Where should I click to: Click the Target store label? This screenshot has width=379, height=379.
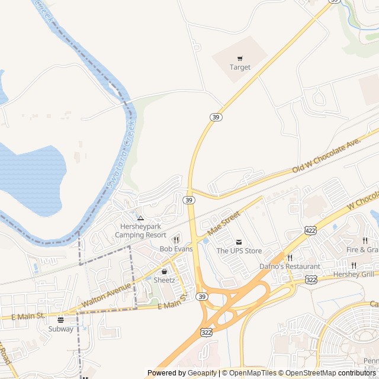[x=240, y=68]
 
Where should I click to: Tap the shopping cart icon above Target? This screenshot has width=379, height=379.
[x=240, y=58]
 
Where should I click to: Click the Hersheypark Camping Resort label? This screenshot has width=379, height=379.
[x=140, y=231]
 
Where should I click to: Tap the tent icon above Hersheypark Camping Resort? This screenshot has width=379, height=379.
[x=140, y=219]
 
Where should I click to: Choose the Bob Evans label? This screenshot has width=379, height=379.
[x=176, y=249]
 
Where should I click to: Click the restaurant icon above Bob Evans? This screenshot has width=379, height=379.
[x=176, y=240]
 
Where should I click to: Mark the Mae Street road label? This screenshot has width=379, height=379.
[x=224, y=223]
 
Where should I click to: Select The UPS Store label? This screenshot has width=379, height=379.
[x=239, y=251]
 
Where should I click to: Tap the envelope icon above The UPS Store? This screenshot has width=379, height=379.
[x=239, y=242]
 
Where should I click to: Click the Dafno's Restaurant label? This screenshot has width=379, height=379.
[x=290, y=266]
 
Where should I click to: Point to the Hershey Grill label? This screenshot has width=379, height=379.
[x=354, y=274]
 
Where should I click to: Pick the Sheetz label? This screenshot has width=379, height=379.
[x=164, y=280]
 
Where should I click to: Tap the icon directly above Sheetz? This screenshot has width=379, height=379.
[x=164, y=271]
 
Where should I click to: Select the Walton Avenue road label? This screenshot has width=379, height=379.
[x=106, y=294]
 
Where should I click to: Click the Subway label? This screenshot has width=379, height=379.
[x=61, y=329]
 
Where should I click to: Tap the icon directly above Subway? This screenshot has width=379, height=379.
[x=61, y=320]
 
